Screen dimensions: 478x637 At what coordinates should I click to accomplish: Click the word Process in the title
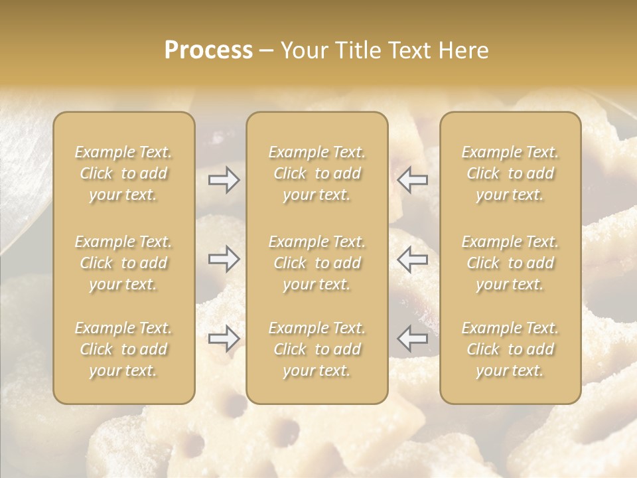click(208, 50)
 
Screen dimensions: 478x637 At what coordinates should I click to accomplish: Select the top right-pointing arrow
click(224, 180)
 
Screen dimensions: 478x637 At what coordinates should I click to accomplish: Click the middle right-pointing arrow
click(224, 259)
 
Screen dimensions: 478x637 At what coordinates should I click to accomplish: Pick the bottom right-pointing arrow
click(224, 338)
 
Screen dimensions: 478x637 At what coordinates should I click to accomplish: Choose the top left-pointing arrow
click(412, 180)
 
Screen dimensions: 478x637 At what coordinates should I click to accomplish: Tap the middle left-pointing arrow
click(412, 259)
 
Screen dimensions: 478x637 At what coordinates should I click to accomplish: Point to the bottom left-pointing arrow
click(412, 338)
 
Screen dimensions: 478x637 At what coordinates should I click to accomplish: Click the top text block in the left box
click(123, 173)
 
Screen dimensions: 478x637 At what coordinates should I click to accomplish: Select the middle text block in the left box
click(123, 263)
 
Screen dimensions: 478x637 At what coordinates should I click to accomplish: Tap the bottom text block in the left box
click(123, 349)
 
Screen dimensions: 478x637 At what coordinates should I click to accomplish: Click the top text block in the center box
click(317, 173)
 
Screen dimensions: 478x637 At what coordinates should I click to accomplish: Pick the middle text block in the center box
click(317, 263)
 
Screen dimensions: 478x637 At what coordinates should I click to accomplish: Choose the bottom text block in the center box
click(317, 349)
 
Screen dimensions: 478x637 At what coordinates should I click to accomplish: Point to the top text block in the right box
click(510, 173)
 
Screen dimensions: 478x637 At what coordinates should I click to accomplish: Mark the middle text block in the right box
click(510, 263)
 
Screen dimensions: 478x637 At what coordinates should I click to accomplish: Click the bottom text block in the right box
click(510, 349)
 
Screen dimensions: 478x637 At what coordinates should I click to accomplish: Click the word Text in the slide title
click(406, 50)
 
